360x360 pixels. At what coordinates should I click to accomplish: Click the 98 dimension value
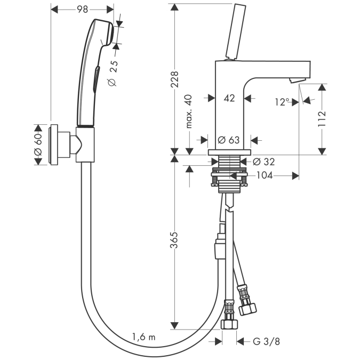[82, 9]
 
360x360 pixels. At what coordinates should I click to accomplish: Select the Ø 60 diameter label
[38, 145]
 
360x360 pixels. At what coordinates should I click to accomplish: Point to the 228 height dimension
[175, 79]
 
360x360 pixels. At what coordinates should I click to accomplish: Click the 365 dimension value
[174, 240]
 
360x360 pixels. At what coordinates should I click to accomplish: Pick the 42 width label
[229, 98]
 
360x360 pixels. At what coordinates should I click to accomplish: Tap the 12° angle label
[282, 102]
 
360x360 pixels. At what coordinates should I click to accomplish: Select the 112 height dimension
[322, 119]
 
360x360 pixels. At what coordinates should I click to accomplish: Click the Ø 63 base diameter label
[228, 140]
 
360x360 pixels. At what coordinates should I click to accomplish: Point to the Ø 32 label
[263, 162]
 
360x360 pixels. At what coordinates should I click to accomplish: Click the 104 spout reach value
[264, 175]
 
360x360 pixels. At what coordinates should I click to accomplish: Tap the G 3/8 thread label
[266, 341]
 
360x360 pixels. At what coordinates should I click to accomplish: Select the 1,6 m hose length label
[143, 337]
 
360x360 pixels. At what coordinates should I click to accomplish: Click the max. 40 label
[189, 111]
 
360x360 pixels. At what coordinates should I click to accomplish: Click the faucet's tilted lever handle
[236, 31]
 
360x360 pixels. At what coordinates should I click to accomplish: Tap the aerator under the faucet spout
[298, 80]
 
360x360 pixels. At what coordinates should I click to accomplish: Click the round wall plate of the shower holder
[53, 145]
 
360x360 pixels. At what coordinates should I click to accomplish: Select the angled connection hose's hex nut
[247, 309]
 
